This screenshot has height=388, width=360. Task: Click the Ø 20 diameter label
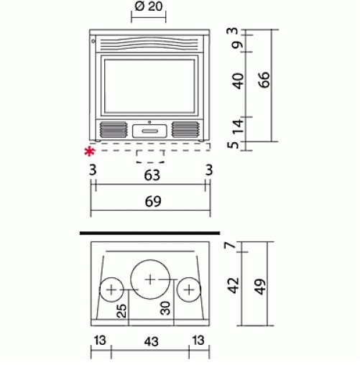[x=149, y=6]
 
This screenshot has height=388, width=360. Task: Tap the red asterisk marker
[x=89, y=152]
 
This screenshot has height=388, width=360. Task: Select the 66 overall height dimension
[x=264, y=80]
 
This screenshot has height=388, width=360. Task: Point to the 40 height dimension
[x=239, y=81]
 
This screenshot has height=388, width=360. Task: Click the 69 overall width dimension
[x=153, y=201]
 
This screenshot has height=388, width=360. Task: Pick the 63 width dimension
[x=152, y=175]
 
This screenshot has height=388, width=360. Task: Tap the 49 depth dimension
[x=260, y=287]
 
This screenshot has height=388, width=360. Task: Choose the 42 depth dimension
[x=234, y=285]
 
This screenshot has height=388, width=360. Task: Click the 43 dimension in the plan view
[x=151, y=342]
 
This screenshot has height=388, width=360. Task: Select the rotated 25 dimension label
[x=121, y=311]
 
